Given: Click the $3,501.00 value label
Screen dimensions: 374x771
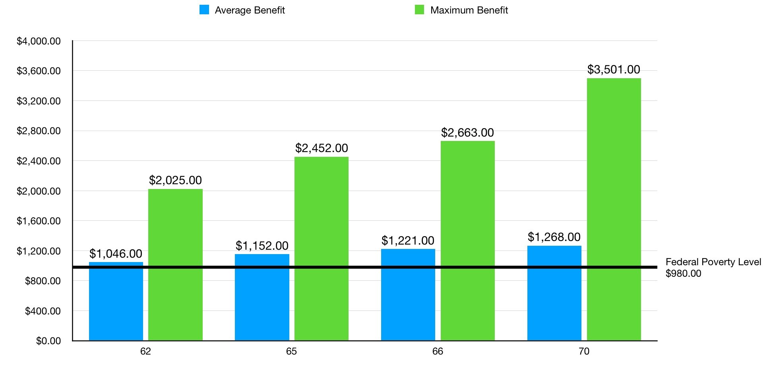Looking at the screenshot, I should pos(614,69).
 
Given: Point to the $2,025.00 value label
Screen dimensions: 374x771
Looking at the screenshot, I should pos(175,180).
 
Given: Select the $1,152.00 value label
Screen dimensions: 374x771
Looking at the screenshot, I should pos(262,246).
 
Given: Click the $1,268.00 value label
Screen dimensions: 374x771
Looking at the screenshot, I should pos(554,237).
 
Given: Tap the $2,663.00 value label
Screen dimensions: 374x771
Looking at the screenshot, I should pos(467,133).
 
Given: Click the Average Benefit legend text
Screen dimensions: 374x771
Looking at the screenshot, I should pos(250,10).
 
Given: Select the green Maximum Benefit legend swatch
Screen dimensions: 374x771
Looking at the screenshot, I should pos(419,10).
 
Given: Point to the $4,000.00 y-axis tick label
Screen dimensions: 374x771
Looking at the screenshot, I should pos(39,41).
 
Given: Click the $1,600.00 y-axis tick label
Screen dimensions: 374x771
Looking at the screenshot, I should pos(39,221).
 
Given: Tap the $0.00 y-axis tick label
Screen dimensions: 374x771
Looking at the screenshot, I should pos(48,341).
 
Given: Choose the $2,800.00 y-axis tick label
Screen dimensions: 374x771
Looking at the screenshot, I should pos(39,131).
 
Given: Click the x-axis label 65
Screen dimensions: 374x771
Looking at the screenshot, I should pos(291,351).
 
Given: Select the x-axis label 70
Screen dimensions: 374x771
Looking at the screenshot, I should pos(584,351).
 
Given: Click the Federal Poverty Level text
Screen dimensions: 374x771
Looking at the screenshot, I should pos(713,262).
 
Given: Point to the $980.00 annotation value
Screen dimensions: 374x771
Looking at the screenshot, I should pos(683,274).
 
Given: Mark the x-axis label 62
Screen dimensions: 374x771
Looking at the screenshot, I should pos(145,351).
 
